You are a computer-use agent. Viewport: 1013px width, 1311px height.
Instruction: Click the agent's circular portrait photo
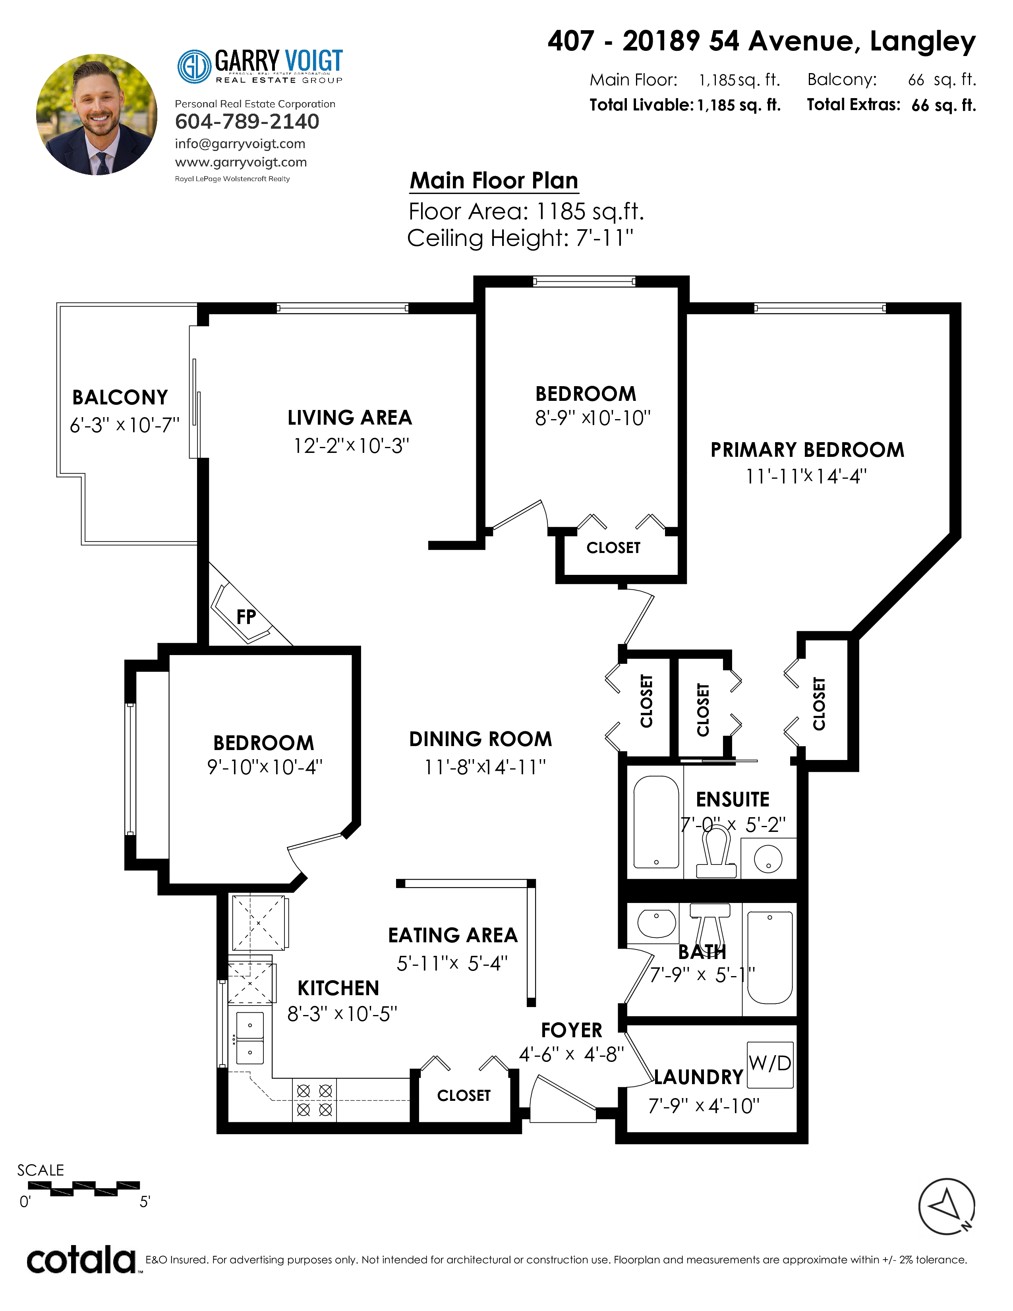97,115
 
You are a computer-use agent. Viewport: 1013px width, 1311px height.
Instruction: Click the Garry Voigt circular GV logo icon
194,66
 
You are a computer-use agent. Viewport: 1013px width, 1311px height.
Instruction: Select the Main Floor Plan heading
494,181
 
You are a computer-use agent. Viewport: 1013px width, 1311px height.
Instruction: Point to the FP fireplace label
246,617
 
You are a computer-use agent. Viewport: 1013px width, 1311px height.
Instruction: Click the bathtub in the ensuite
657,822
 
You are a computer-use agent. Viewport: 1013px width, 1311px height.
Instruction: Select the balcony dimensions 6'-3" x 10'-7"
124,425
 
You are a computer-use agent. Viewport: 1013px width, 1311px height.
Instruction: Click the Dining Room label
481,739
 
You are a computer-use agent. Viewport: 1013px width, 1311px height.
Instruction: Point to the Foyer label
571,1030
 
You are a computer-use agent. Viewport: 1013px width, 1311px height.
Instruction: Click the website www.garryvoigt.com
241,162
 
